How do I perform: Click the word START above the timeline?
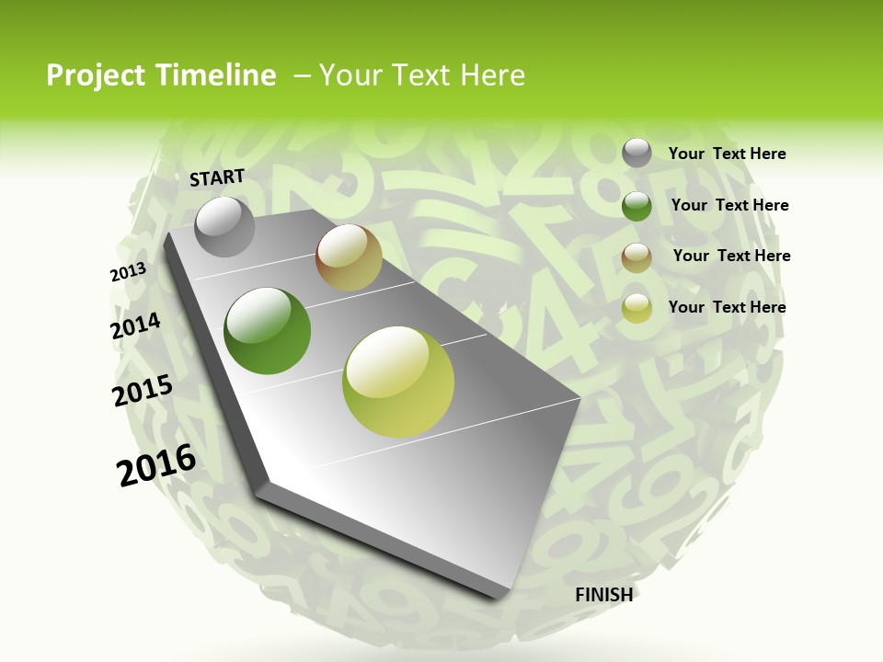tap(217, 177)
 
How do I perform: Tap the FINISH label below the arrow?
tap(603, 595)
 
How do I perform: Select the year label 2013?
tap(128, 272)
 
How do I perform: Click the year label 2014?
tap(136, 326)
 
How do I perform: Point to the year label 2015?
tap(143, 391)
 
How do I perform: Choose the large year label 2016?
tap(156, 465)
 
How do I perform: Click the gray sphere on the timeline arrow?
tap(224, 226)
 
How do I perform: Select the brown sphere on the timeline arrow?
tap(349, 257)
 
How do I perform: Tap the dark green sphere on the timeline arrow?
tap(268, 331)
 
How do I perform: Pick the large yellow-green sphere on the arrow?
tap(398, 382)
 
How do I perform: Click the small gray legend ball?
tap(636, 154)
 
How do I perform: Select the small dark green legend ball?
tap(636, 206)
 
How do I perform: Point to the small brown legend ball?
tap(636, 257)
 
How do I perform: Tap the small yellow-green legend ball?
tap(636, 308)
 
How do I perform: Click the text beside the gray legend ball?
tap(727, 154)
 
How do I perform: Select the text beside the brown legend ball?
tap(731, 256)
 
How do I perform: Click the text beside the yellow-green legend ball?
tap(727, 307)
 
